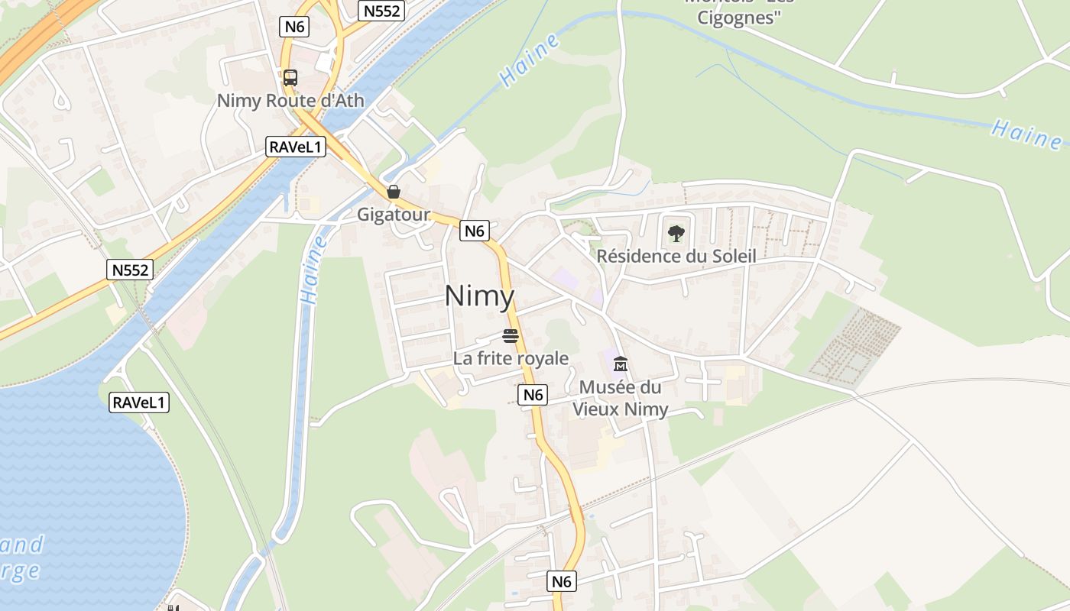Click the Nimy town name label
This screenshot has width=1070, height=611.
(480, 296)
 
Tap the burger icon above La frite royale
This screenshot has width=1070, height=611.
(511, 335)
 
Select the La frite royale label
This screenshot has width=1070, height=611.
(511, 358)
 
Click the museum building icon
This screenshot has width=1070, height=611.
(620, 364)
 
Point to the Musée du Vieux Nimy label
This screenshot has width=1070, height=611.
(621, 398)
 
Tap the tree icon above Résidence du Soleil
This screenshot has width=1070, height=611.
(676, 234)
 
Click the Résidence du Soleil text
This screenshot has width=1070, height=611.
(676, 256)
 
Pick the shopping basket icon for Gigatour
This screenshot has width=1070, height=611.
(393, 192)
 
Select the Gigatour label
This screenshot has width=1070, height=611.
(394, 215)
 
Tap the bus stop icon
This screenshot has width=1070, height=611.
(290, 77)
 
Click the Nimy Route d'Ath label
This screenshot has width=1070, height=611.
(290, 100)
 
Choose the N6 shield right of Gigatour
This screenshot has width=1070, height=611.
(475, 231)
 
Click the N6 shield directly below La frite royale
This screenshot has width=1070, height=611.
(533, 395)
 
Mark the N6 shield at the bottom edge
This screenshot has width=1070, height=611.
(562, 581)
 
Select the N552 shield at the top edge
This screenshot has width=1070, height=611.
(381, 11)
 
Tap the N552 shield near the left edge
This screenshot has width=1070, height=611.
(130, 270)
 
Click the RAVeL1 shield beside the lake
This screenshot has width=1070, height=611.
(139, 402)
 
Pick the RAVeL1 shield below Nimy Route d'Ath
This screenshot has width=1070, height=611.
(296, 147)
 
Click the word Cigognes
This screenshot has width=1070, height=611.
(738, 18)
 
